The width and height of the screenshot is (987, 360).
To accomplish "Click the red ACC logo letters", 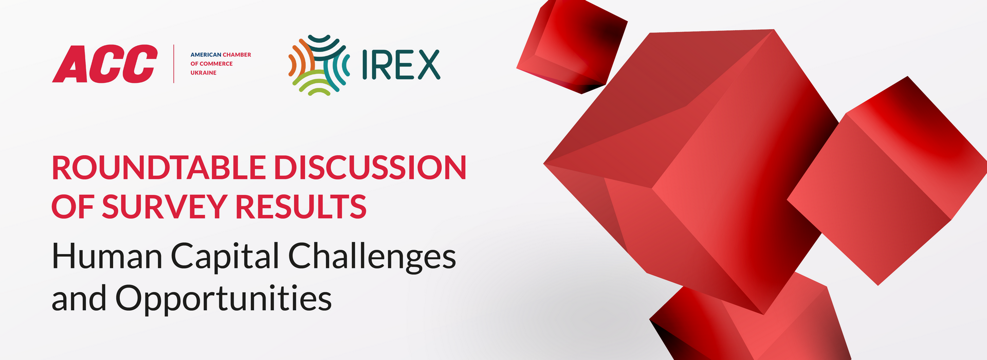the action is [105, 64].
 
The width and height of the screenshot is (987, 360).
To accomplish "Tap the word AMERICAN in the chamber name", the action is [206, 55].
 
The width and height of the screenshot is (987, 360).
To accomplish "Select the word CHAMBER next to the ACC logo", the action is [237, 55].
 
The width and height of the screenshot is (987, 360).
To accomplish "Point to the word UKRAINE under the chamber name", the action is [204, 73].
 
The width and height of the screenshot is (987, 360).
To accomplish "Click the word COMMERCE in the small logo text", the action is [216, 64].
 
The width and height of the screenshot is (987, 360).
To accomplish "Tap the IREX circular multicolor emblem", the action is [319, 65].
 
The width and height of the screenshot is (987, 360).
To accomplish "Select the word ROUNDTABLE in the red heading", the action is [159, 168].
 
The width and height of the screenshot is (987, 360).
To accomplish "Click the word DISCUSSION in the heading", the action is [370, 168].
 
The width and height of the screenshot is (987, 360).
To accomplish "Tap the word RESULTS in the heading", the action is [301, 207].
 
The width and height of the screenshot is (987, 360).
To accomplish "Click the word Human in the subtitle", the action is [107, 256].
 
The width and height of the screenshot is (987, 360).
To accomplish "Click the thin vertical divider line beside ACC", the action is [174, 64].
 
